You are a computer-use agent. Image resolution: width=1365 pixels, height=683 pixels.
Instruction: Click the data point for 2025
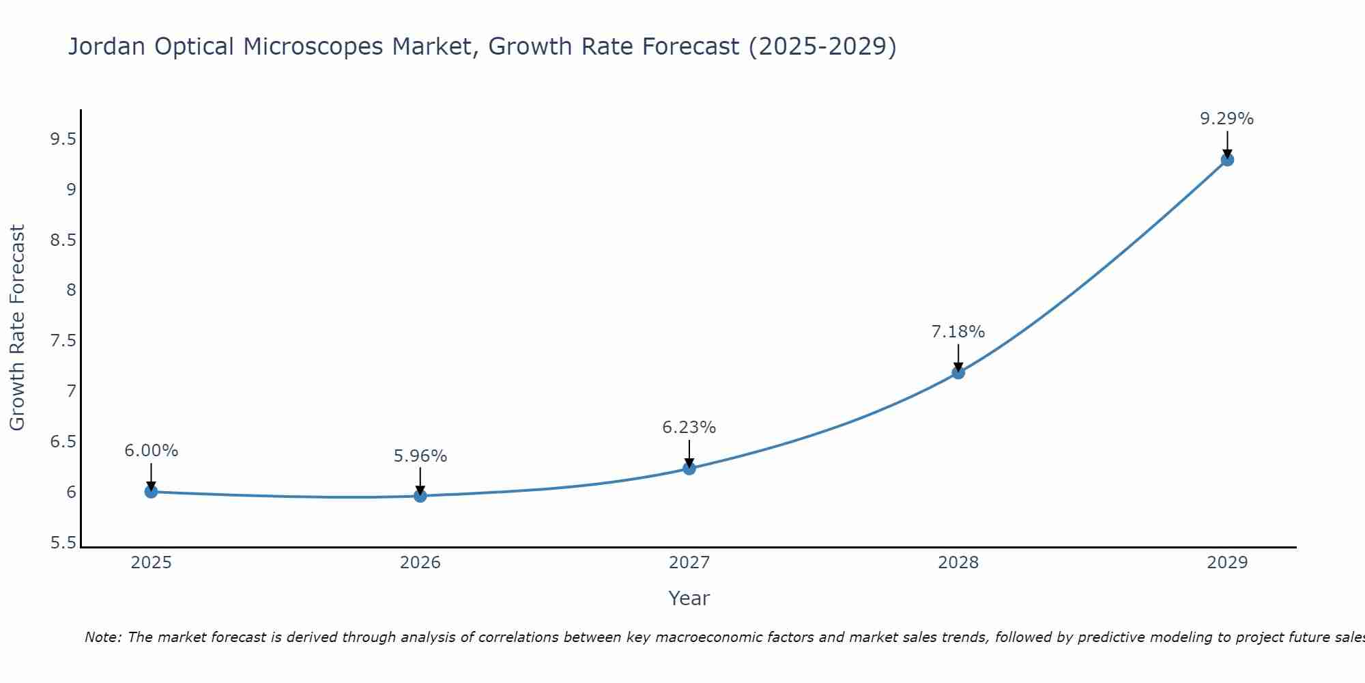[x=151, y=492]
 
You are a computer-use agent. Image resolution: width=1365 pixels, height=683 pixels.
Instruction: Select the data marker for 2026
[x=420, y=496]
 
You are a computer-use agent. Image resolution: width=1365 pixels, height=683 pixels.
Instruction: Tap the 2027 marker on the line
[x=689, y=469]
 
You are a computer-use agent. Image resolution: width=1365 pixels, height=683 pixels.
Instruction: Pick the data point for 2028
[x=958, y=372]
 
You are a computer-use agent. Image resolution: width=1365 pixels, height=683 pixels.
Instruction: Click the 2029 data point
[x=1227, y=160]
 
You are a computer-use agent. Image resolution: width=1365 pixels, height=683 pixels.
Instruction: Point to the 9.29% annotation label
[x=1226, y=119]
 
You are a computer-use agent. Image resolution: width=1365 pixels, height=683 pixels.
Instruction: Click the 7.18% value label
[x=958, y=332]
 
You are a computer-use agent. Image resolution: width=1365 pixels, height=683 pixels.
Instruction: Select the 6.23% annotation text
[x=689, y=428]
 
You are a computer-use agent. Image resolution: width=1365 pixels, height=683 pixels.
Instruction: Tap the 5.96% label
[x=420, y=456]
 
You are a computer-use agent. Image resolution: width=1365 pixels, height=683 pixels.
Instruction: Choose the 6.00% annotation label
[x=151, y=451]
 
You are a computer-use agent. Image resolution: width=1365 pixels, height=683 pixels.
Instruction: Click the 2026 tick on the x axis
[x=420, y=563]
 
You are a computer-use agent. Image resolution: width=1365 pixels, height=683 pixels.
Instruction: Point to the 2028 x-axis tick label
[x=958, y=563]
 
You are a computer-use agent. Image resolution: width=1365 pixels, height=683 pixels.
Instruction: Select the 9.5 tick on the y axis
[x=63, y=140]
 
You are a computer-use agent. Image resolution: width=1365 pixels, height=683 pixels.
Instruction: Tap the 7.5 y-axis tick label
[x=63, y=341]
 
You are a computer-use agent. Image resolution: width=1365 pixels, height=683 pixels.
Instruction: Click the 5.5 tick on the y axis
[x=63, y=543]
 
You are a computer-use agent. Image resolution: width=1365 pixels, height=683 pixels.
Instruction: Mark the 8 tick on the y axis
[x=71, y=290]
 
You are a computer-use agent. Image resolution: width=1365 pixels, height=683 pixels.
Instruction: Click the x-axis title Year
[x=689, y=598]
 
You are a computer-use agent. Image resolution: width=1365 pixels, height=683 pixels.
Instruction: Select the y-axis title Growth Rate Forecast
[x=17, y=328]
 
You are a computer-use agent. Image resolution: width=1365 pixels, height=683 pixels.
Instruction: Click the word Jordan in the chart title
[x=106, y=46]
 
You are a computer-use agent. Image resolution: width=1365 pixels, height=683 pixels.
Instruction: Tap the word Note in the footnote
[x=102, y=637]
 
